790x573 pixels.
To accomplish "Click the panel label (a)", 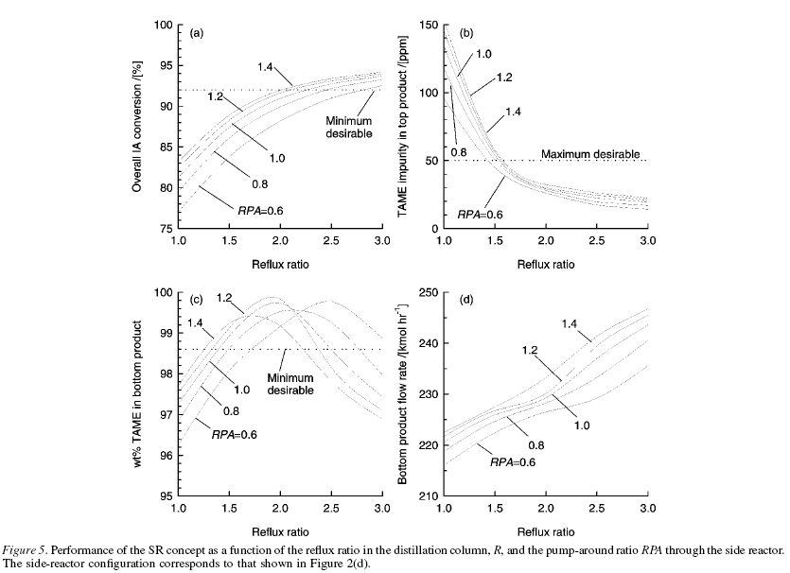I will click(x=197, y=33).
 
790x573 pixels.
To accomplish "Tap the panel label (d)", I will click(x=465, y=300).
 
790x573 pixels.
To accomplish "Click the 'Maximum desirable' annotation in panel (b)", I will click(x=592, y=153).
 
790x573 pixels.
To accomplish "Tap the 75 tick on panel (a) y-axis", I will click(x=165, y=229).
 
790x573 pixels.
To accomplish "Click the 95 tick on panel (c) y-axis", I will click(x=165, y=495).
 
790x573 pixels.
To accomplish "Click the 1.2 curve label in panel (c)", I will click(x=225, y=298).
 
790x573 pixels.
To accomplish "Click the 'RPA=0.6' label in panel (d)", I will click(x=515, y=462).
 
